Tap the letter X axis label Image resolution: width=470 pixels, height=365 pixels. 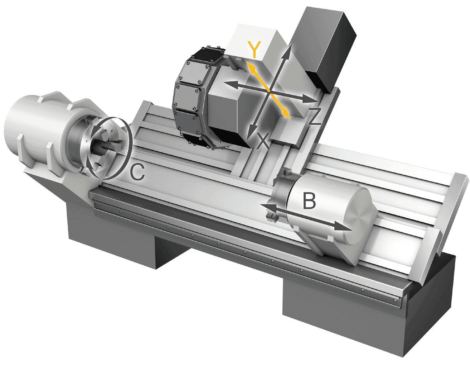(x=263, y=141)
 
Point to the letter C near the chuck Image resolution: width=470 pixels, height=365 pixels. (x=137, y=171)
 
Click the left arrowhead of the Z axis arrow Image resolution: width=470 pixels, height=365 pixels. (x=229, y=85)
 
